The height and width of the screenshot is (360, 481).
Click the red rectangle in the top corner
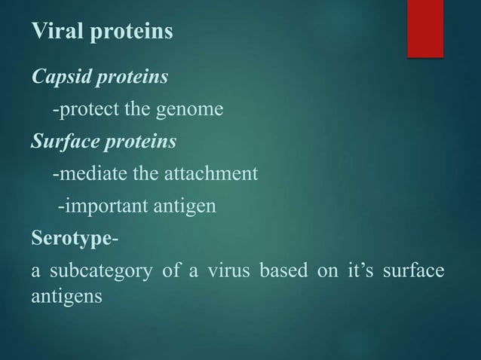pyautogui.click(x=425, y=27)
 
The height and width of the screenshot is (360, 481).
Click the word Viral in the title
pyautogui.click(x=55, y=32)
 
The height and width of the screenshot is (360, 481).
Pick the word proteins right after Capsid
pyautogui.click(x=127, y=78)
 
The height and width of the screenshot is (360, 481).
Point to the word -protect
pyautogui.click(x=80, y=111)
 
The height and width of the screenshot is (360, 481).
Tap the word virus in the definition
pyautogui.click(x=231, y=272)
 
